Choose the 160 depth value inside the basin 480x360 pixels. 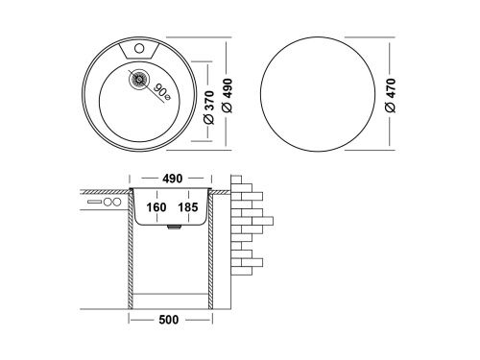tap(156, 206)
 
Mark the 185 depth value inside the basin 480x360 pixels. tap(188, 206)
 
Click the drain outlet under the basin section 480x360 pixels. tap(171, 229)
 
